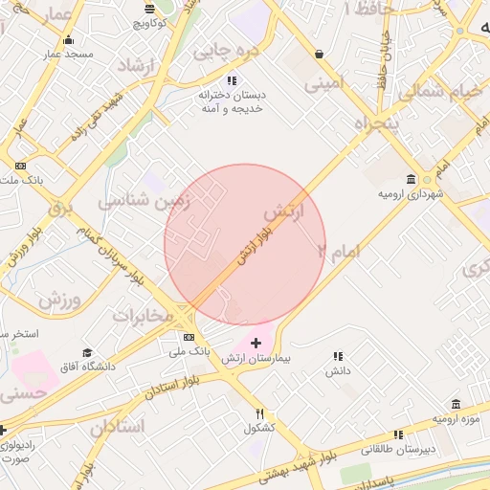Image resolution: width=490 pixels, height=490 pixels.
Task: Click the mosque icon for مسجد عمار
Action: [x=67, y=40]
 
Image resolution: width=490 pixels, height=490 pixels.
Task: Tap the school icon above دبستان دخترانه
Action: [x=231, y=80]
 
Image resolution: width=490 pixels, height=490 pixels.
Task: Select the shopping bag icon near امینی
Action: [x=318, y=54]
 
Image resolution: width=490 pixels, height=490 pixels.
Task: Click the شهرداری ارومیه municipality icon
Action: [x=411, y=180]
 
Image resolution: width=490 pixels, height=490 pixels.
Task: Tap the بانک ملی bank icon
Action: [x=189, y=337]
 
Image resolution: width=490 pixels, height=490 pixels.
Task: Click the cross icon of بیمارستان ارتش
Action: [x=256, y=343]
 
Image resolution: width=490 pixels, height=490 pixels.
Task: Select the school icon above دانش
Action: [x=336, y=355]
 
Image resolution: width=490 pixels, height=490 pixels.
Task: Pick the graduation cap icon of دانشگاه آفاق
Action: [x=88, y=353]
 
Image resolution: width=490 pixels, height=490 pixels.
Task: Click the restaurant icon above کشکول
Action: [x=259, y=414]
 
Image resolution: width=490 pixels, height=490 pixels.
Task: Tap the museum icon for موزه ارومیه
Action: [x=455, y=404]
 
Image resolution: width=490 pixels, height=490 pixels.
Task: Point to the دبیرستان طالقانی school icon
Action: [x=398, y=434]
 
